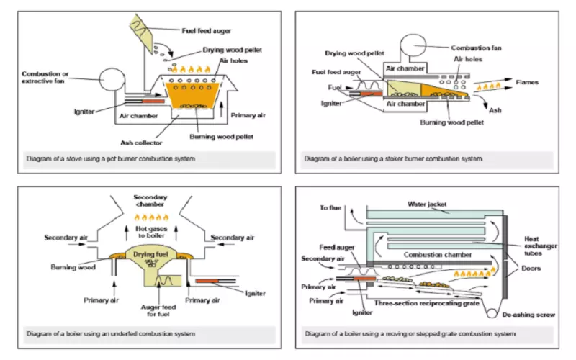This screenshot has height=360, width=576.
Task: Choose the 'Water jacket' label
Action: (428, 204)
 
